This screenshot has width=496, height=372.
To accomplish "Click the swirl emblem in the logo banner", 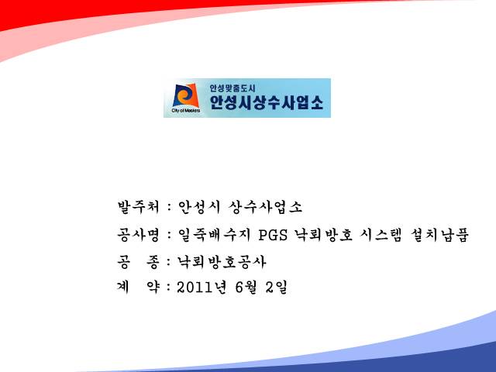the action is coord(186,95).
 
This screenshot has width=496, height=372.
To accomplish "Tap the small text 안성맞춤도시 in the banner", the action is coord(232,88).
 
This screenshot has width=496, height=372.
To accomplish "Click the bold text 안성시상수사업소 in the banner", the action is coord(267,102).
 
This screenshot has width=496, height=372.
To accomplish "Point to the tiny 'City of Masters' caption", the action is coord(186,111).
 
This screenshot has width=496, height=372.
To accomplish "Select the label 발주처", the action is coord(138,207).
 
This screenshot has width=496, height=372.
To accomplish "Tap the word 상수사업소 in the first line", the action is coord(265,207).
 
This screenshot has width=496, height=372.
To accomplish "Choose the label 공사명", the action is coord(138,235).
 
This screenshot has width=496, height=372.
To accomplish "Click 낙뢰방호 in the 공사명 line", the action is coord(323,235).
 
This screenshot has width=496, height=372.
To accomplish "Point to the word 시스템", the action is coord(381,235).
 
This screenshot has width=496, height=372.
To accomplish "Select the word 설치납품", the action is coord(439,235).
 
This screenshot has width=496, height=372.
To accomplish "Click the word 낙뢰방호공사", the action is coord(222,262).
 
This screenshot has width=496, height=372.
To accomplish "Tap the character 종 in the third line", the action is coord(153,262).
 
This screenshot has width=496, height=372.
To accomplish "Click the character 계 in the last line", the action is coord(123,288).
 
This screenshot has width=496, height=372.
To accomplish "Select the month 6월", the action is coord(246,288).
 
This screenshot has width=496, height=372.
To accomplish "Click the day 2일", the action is coord(276,288).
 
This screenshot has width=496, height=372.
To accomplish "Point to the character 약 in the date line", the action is coord(153,288).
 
